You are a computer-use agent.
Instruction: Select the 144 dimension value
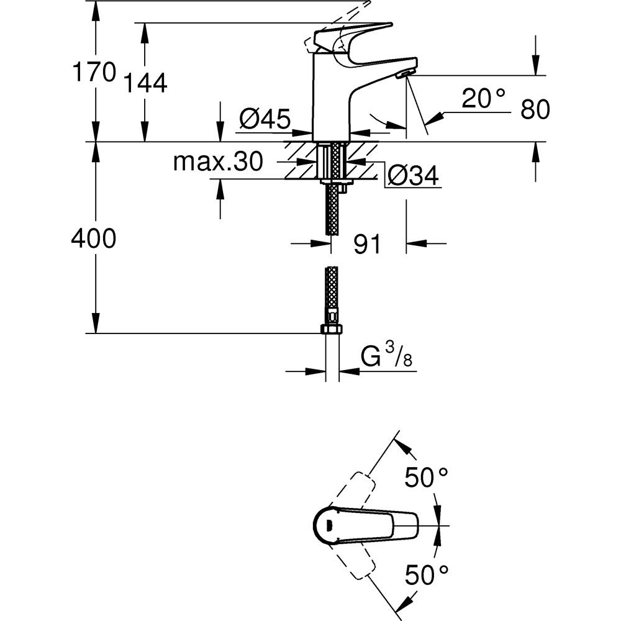[145, 83]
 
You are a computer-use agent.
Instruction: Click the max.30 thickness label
[218, 162]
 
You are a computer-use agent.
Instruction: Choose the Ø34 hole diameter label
[413, 176]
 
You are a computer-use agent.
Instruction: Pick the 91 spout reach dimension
[367, 244]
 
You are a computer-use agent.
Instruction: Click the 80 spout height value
[535, 110]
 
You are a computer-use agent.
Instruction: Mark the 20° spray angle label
[483, 98]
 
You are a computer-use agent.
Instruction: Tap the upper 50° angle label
[426, 478]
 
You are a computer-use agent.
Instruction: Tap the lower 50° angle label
[426, 574]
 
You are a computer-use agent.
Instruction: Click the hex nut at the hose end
[332, 329]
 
